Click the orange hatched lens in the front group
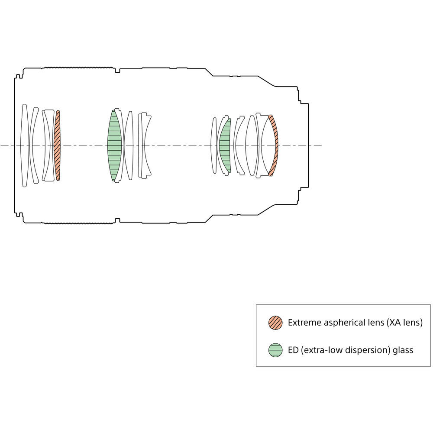(57, 145)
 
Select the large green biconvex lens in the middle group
(114, 145)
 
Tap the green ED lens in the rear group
(225, 145)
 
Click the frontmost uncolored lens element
(25, 145)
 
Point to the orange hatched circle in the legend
(275, 323)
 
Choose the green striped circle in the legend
(275, 350)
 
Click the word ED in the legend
(293, 350)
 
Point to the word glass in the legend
(402, 350)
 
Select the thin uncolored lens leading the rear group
(214, 145)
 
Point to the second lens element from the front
(34, 145)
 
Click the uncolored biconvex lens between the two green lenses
(128, 145)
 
